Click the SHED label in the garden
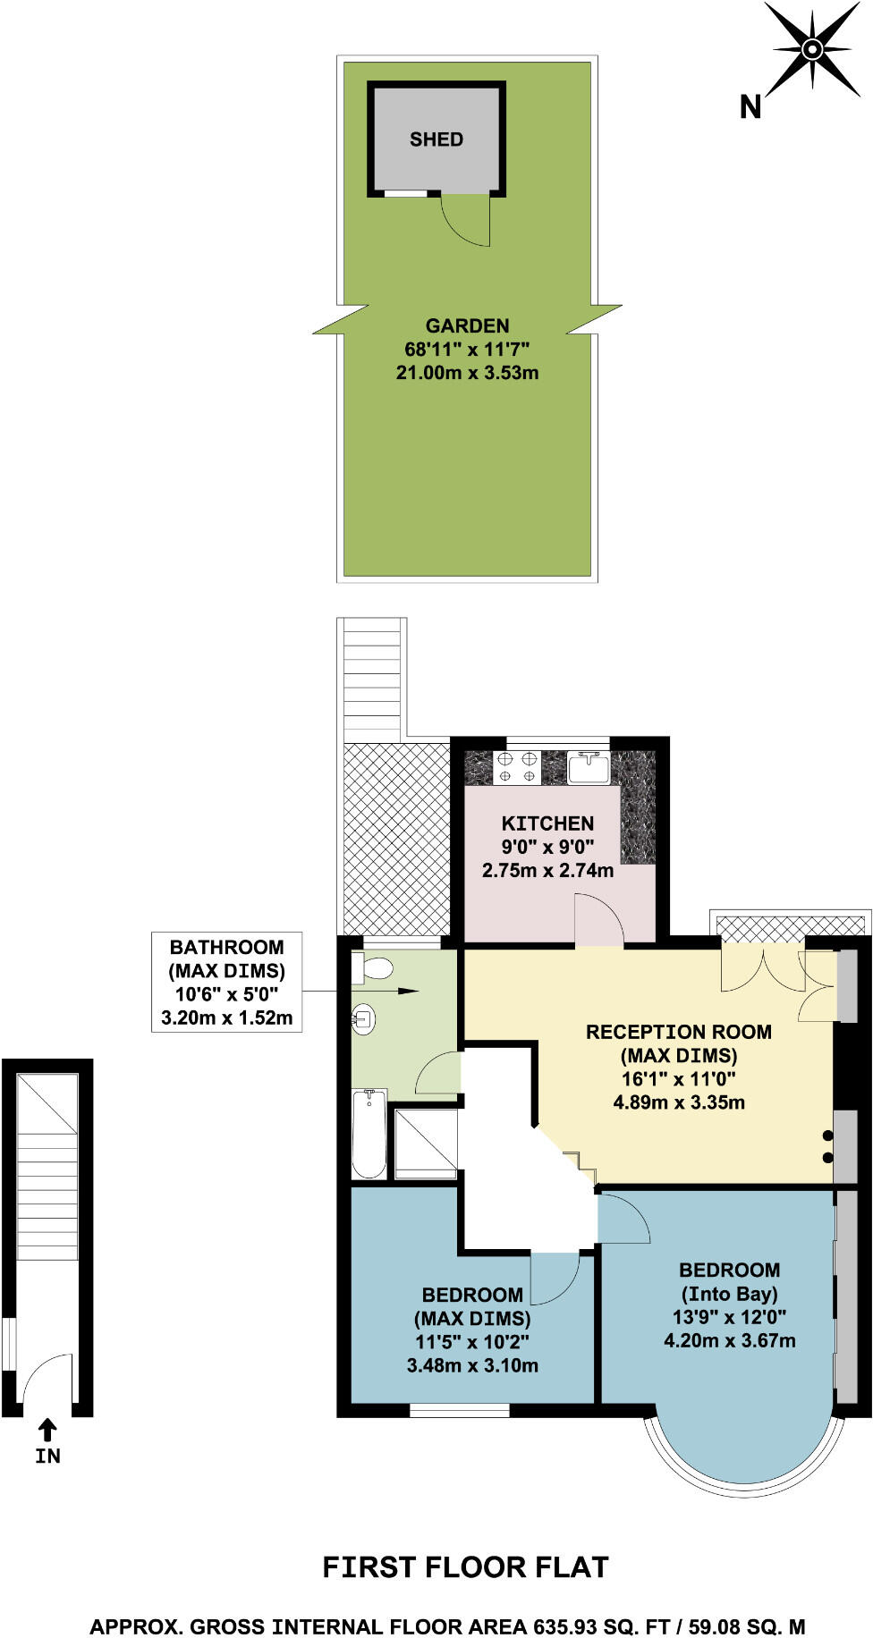click(x=436, y=139)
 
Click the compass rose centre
click(x=812, y=48)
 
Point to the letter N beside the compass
click(x=750, y=107)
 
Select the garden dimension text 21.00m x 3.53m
click(x=467, y=373)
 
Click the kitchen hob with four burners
click(x=518, y=768)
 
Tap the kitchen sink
click(x=589, y=767)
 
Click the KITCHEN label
click(x=547, y=823)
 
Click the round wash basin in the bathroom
click(x=363, y=1018)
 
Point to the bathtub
click(x=369, y=1134)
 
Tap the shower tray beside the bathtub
click(x=426, y=1144)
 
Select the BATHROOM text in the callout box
click(x=226, y=947)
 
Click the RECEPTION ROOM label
click(x=678, y=1032)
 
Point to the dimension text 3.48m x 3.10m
click(x=472, y=1365)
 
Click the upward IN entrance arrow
click(x=47, y=1430)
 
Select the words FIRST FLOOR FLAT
click(x=465, y=1567)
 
